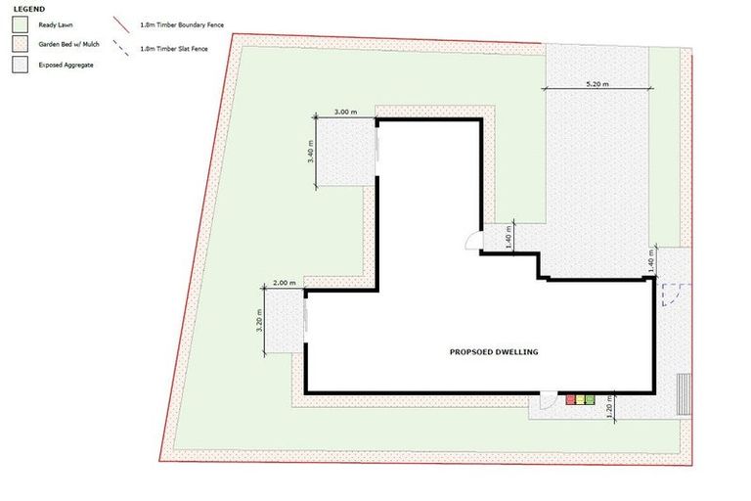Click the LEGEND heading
click(28, 8)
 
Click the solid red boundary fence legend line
click(121, 24)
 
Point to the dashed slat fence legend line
click(121, 46)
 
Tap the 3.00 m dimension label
click(345, 113)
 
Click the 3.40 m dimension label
click(311, 152)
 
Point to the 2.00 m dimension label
click(285, 283)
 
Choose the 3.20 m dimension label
click(259, 322)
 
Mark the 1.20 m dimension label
click(609, 407)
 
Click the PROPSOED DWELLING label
click(494, 351)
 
